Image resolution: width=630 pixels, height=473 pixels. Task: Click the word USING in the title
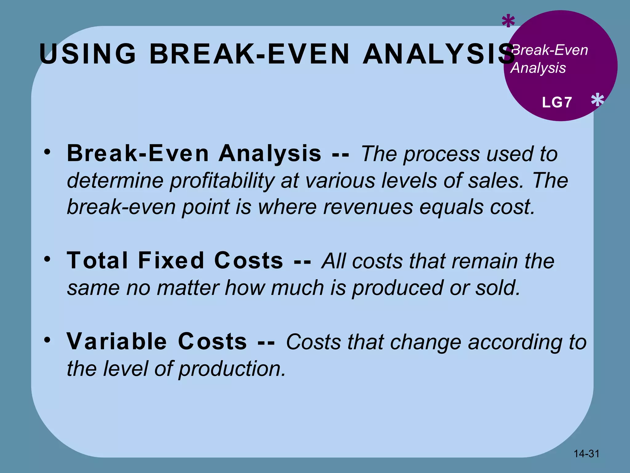(x=88, y=54)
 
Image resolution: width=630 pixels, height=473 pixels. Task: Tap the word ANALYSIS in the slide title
(x=438, y=54)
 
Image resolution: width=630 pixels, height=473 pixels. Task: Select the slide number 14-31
(x=587, y=454)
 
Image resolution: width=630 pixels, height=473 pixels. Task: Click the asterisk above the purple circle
(x=508, y=22)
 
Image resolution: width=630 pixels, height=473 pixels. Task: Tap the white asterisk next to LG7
(x=597, y=100)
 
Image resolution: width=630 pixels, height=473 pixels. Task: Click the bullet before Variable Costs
(x=47, y=340)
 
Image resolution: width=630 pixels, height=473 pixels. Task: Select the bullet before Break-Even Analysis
(x=47, y=152)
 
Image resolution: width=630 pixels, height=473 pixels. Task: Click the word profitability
(x=222, y=181)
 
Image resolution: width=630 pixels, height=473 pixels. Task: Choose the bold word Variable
(x=117, y=342)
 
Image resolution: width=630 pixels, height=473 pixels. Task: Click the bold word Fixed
(x=171, y=261)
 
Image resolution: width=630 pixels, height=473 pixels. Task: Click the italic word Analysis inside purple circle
(x=538, y=68)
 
